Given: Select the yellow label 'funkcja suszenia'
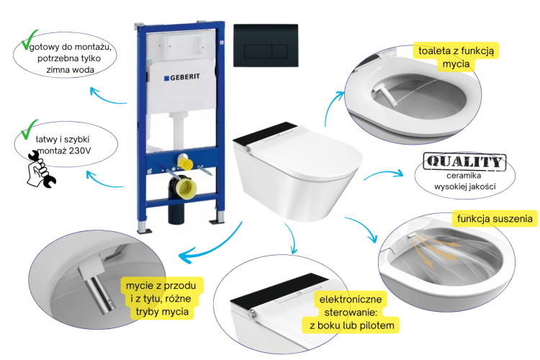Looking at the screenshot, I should (x=494, y=218).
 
